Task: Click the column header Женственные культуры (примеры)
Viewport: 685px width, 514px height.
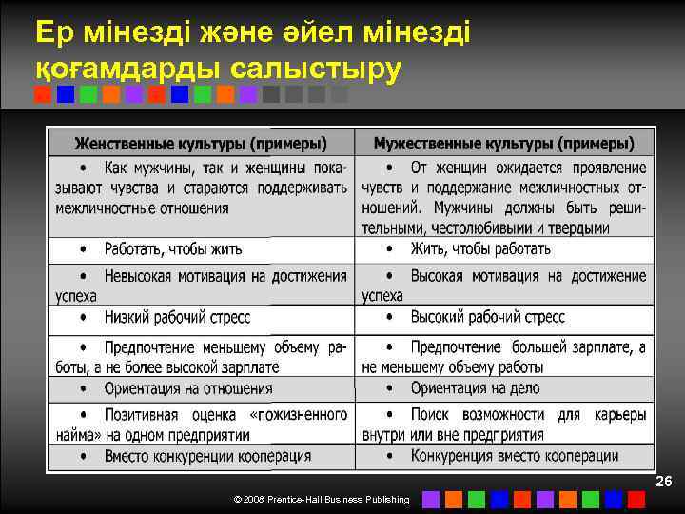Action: (201, 144)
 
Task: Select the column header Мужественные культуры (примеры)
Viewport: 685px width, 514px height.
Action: (504, 144)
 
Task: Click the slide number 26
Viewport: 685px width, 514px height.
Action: (663, 483)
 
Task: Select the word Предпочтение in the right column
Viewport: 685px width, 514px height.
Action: (456, 347)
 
